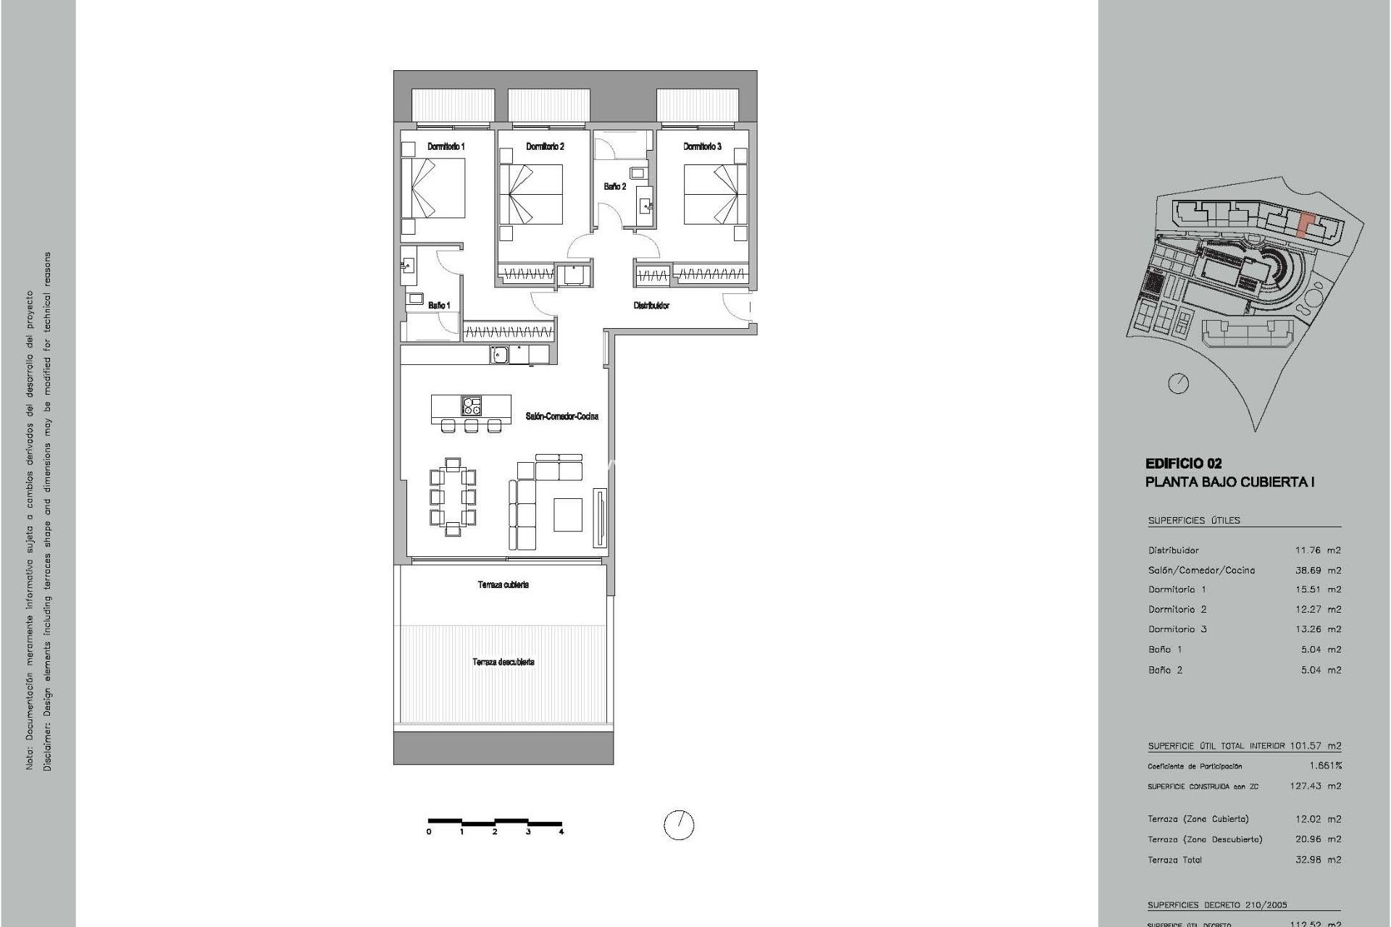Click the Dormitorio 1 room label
pyautogui.click(x=446, y=146)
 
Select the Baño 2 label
pyautogui.click(x=614, y=187)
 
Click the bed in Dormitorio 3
pyautogui.click(x=714, y=193)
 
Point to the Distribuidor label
pyautogui.click(x=651, y=306)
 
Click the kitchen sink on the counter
pyautogui.click(x=499, y=354)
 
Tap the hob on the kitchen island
pyautogui.click(x=472, y=406)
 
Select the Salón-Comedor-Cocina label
pyautogui.click(x=561, y=416)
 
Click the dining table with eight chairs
pyautogui.click(x=453, y=497)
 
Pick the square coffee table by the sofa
pyautogui.click(x=568, y=515)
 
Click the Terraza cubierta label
pyautogui.click(x=503, y=584)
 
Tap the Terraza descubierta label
pyautogui.click(x=504, y=662)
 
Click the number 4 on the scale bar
pyautogui.click(x=561, y=832)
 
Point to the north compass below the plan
pyautogui.click(x=679, y=825)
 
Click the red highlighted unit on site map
pyautogui.click(x=1304, y=225)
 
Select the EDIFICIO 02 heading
pyautogui.click(x=1183, y=463)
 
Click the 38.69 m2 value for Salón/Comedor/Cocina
pyautogui.click(x=1318, y=570)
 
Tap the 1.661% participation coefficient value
pyautogui.click(x=1325, y=765)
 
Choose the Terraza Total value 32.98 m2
pyautogui.click(x=1318, y=860)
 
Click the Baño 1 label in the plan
pyautogui.click(x=438, y=306)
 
